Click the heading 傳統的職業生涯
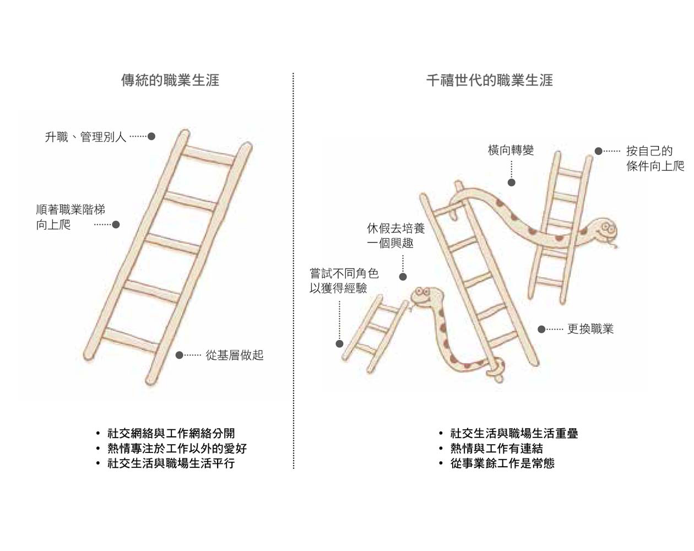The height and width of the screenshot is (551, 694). (170, 80)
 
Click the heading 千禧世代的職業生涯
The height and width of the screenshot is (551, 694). (490, 80)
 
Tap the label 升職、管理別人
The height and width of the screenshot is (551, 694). (85, 137)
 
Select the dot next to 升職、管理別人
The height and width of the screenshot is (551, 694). (151, 137)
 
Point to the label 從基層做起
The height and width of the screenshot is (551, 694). (235, 355)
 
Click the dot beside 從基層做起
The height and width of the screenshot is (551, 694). (180, 355)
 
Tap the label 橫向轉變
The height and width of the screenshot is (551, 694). (511, 150)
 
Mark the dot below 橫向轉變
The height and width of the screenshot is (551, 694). (512, 182)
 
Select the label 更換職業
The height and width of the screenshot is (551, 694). (590, 329)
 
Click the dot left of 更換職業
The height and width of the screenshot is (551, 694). (541, 329)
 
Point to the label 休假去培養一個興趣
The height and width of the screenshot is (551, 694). (395, 236)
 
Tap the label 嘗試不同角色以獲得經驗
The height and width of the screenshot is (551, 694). (344, 280)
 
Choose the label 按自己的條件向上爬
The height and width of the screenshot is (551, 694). (655, 158)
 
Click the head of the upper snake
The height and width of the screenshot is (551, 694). (603, 230)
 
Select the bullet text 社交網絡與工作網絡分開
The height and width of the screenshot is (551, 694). (171, 433)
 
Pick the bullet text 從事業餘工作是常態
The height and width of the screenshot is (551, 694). (502, 463)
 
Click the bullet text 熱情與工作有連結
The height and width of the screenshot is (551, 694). (497, 449)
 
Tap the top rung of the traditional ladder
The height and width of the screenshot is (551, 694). (209, 155)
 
